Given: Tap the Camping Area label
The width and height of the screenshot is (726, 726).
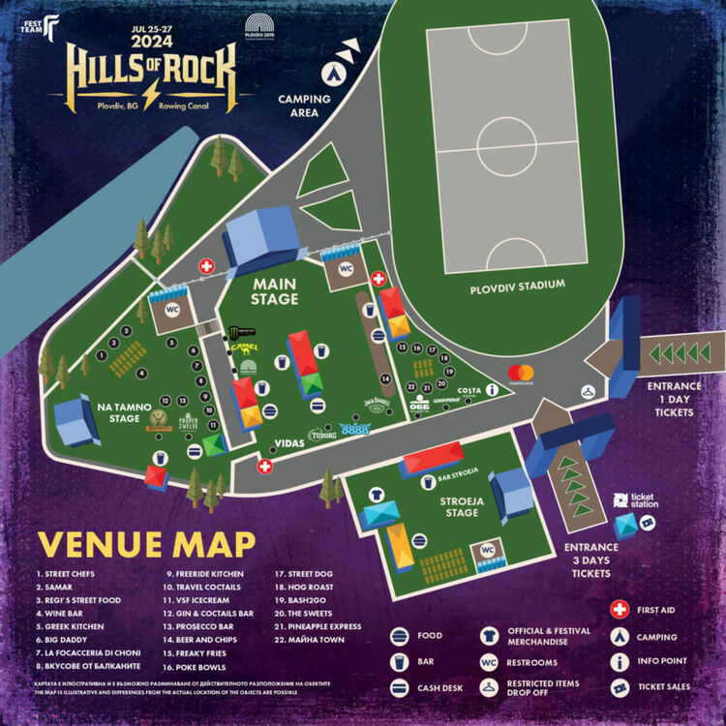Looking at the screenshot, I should click(304, 106).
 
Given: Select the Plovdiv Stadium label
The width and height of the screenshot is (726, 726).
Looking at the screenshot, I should click(517, 286).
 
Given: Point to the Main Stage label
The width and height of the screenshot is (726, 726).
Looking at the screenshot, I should click(275, 292).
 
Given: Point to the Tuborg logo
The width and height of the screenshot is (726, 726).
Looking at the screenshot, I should click(322, 436).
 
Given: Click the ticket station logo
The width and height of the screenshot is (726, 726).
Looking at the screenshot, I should click(636, 500).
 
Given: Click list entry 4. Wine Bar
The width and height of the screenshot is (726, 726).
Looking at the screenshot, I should click(63, 613).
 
